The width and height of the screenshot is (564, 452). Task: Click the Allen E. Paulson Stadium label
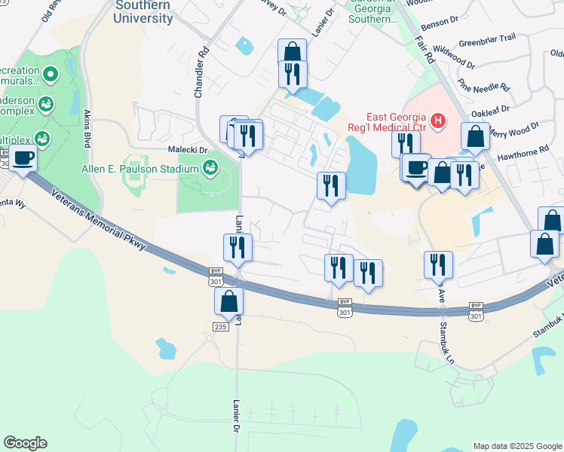[x=140, y=169]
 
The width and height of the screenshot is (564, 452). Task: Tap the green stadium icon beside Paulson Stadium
[x=210, y=168]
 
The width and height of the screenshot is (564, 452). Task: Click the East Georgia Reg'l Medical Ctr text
[x=396, y=121]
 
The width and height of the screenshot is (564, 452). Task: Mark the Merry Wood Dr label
[x=515, y=130]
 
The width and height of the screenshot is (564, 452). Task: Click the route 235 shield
[x=220, y=326]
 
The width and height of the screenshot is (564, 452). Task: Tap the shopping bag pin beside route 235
[x=228, y=301]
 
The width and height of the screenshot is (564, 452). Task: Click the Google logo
[x=26, y=442]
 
